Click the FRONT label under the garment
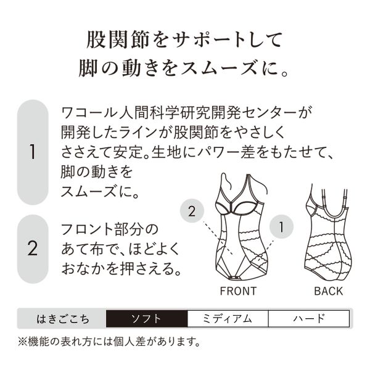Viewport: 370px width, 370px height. pos(237,291)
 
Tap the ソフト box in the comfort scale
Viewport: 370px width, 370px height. pos(146,319)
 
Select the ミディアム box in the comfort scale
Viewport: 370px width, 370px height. pos(227,319)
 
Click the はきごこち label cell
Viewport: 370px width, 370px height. pos(62,319)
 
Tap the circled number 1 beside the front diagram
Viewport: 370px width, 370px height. pos(281,227)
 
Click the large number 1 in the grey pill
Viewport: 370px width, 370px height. pos(33,152)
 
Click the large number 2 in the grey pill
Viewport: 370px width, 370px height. pos(33,250)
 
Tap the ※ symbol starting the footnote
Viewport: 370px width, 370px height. pos(23,340)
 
